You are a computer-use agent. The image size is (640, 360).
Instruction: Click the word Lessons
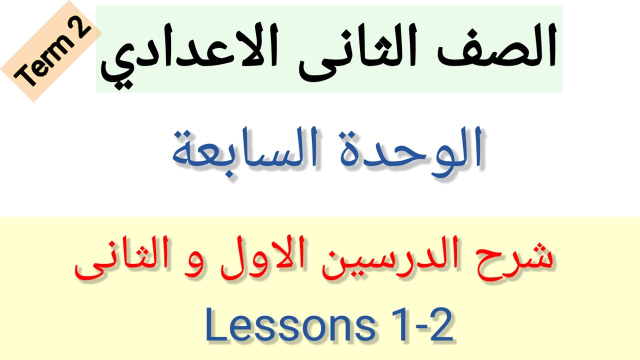(x=290, y=325)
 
